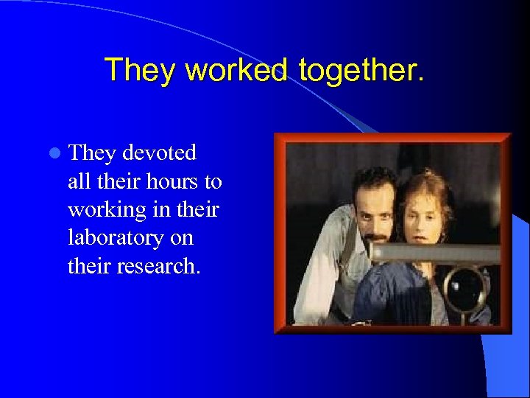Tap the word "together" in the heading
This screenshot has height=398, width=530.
[x=361, y=70]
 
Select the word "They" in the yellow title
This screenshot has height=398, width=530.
[x=141, y=70]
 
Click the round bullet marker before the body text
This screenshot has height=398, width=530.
[x=54, y=154]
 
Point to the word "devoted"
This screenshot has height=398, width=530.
[x=160, y=153]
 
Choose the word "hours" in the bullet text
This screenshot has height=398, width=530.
[x=171, y=181]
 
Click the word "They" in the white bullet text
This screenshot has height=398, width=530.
[x=92, y=153]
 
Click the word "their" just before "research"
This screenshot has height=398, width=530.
[x=86, y=265]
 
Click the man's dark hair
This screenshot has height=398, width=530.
[x=372, y=181]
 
